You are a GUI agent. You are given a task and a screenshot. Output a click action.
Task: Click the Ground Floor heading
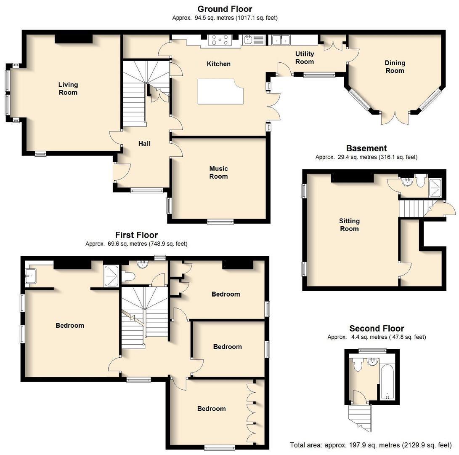[225, 9]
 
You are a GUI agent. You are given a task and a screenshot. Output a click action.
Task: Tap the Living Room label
[68, 89]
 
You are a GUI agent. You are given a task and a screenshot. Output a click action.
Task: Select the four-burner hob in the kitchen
[220, 40]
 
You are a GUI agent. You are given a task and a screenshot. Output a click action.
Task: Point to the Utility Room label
[304, 58]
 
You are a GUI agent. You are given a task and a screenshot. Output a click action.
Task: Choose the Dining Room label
[395, 67]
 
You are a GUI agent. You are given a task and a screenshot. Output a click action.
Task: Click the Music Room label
[218, 173]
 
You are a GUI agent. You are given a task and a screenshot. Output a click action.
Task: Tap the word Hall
[144, 144]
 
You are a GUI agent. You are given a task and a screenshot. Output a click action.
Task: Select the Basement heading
[366, 148]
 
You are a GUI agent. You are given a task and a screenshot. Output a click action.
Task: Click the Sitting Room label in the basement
[349, 225]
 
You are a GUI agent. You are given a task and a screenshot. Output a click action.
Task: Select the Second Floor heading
[377, 329]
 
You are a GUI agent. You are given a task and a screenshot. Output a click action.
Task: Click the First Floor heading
[136, 235]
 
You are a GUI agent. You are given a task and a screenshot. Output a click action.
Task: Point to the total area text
[371, 445]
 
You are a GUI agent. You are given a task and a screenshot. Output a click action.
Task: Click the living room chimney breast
[74, 38]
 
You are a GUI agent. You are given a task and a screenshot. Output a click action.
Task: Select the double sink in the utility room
[280, 40]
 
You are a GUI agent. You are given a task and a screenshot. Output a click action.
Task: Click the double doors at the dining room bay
[395, 118]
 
